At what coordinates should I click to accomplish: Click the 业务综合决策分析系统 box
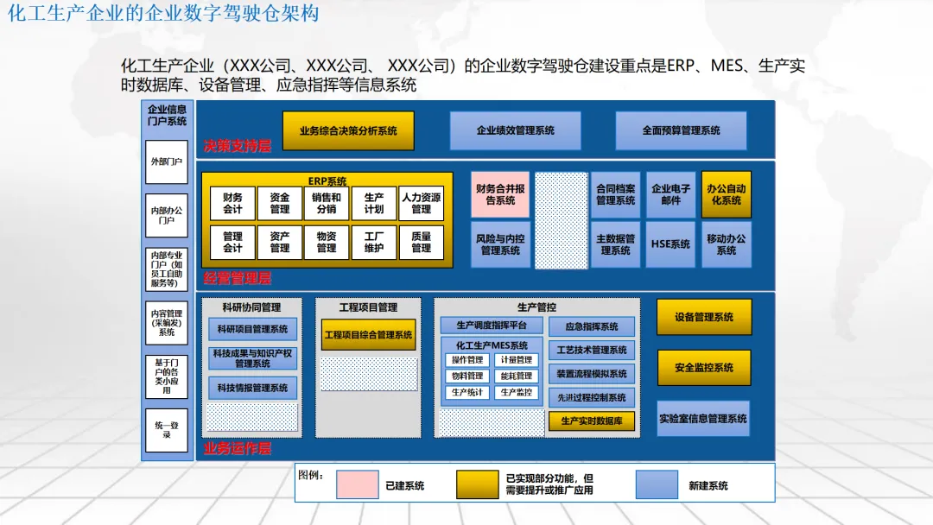coord(348,130)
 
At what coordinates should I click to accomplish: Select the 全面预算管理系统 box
coord(681,130)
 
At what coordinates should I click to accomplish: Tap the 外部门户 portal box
coord(167,161)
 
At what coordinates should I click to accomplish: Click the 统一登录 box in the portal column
coord(167,429)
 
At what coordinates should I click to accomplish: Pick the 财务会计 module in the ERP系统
coord(232,203)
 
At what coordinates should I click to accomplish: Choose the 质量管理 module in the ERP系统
coord(421,242)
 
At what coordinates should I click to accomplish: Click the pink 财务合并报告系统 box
coord(499,194)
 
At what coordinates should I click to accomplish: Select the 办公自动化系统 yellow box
coord(726,194)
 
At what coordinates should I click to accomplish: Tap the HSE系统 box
coord(670,244)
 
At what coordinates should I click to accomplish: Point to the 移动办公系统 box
coord(726,244)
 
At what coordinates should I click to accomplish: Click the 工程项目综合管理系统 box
coord(368,334)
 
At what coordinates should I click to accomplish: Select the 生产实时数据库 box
coord(591,421)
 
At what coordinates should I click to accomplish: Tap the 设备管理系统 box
coord(704,317)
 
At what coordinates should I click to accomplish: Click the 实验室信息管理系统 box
coord(703,418)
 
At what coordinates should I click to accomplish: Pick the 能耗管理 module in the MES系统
coord(516,376)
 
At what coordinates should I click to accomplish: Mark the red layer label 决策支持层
coord(237,146)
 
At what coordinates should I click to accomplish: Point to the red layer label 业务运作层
coord(237,448)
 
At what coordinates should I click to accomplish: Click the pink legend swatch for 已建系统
coord(357,484)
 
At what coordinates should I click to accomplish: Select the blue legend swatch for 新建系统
coord(657,484)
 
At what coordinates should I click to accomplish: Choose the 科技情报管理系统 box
coord(252,388)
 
